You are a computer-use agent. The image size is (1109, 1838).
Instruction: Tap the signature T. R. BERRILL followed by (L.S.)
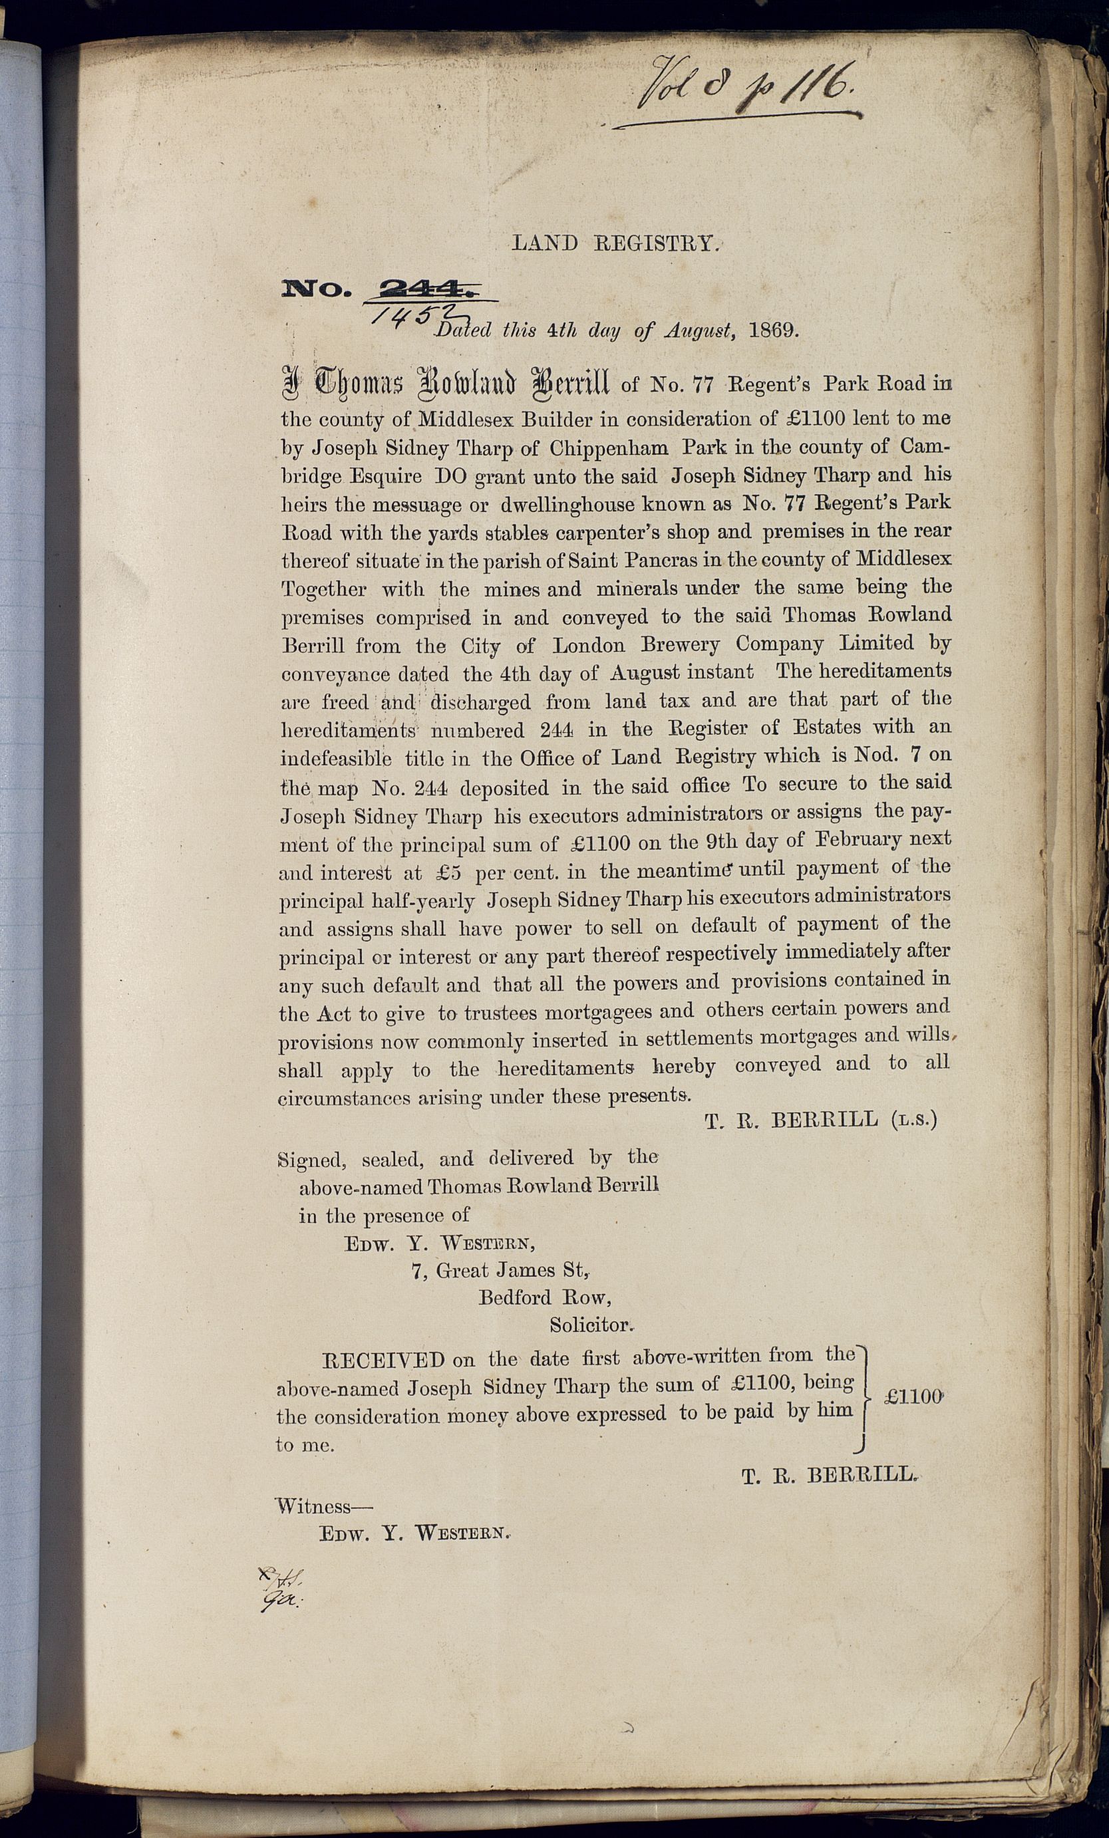[x=820, y=1120]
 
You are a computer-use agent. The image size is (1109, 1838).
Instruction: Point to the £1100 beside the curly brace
[x=913, y=1397]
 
